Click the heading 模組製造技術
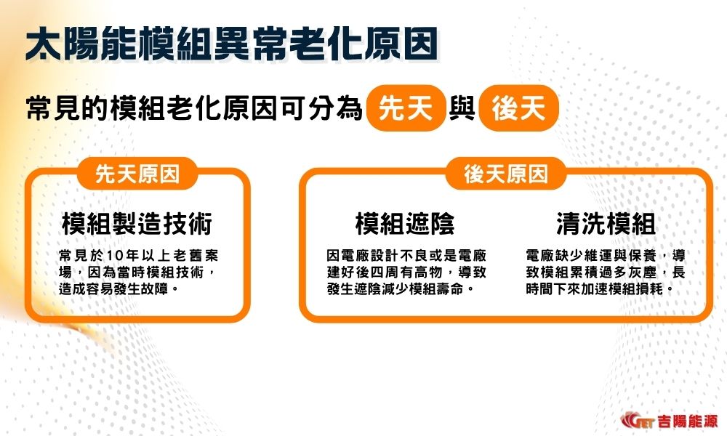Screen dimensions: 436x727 click(x=137, y=224)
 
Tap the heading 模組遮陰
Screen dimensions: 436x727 click(x=405, y=224)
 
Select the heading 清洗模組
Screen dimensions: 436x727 click(x=606, y=224)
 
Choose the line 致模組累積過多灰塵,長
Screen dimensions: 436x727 click(x=605, y=272)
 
